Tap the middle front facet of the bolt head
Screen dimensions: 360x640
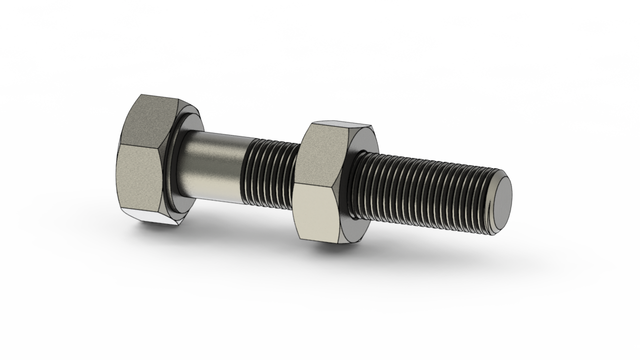(140, 177)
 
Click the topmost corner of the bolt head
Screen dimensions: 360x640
(141, 94)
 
